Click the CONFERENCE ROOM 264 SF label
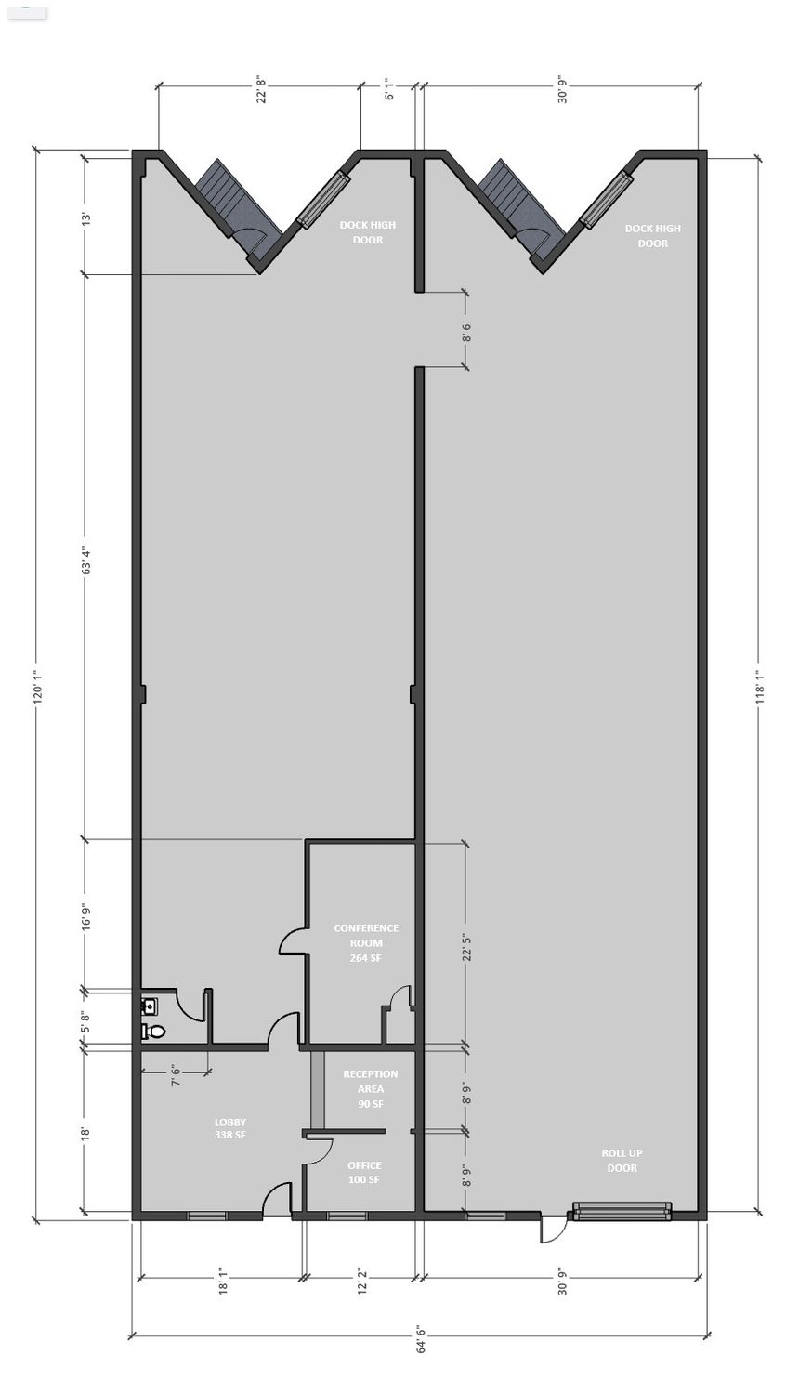click(366, 943)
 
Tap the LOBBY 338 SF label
click(230, 1128)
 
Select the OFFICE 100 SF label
click(364, 1173)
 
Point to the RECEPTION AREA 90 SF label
click(371, 1088)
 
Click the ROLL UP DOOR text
click(622, 1161)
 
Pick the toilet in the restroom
click(153, 1032)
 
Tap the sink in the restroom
click(150, 1005)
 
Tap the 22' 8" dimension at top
click(261, 89)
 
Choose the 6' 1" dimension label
click(389, 89)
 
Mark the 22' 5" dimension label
click(466, 946)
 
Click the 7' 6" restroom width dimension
click(177, 1074)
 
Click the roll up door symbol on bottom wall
click(622, 1209)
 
